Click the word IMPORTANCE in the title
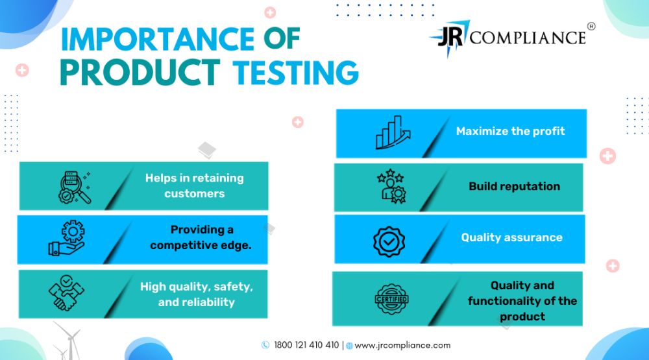(x=158, y=40)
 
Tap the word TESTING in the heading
(x=295, y=73)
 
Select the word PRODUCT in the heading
(x=140, y=73)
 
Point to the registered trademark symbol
(x=591, y=27)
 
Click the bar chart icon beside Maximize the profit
(x=393, y=132)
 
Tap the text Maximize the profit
(x=510, y=131)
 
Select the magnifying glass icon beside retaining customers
(x=75, y=187)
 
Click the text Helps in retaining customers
(x=195, y=186)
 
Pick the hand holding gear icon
(x=67, y=237)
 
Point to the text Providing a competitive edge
(x=201, y=237)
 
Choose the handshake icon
(x=66, y=293)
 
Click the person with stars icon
(x=391, y=186)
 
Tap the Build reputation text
(x=515, y=187)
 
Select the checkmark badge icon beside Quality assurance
(x=389, y=242)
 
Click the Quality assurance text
(x=512, y=237)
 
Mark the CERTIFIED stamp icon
(x=391, y=299)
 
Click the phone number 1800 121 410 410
(x=306, y=345)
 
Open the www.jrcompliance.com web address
(x=402, y=346)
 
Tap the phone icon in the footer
(x=265, y=345)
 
